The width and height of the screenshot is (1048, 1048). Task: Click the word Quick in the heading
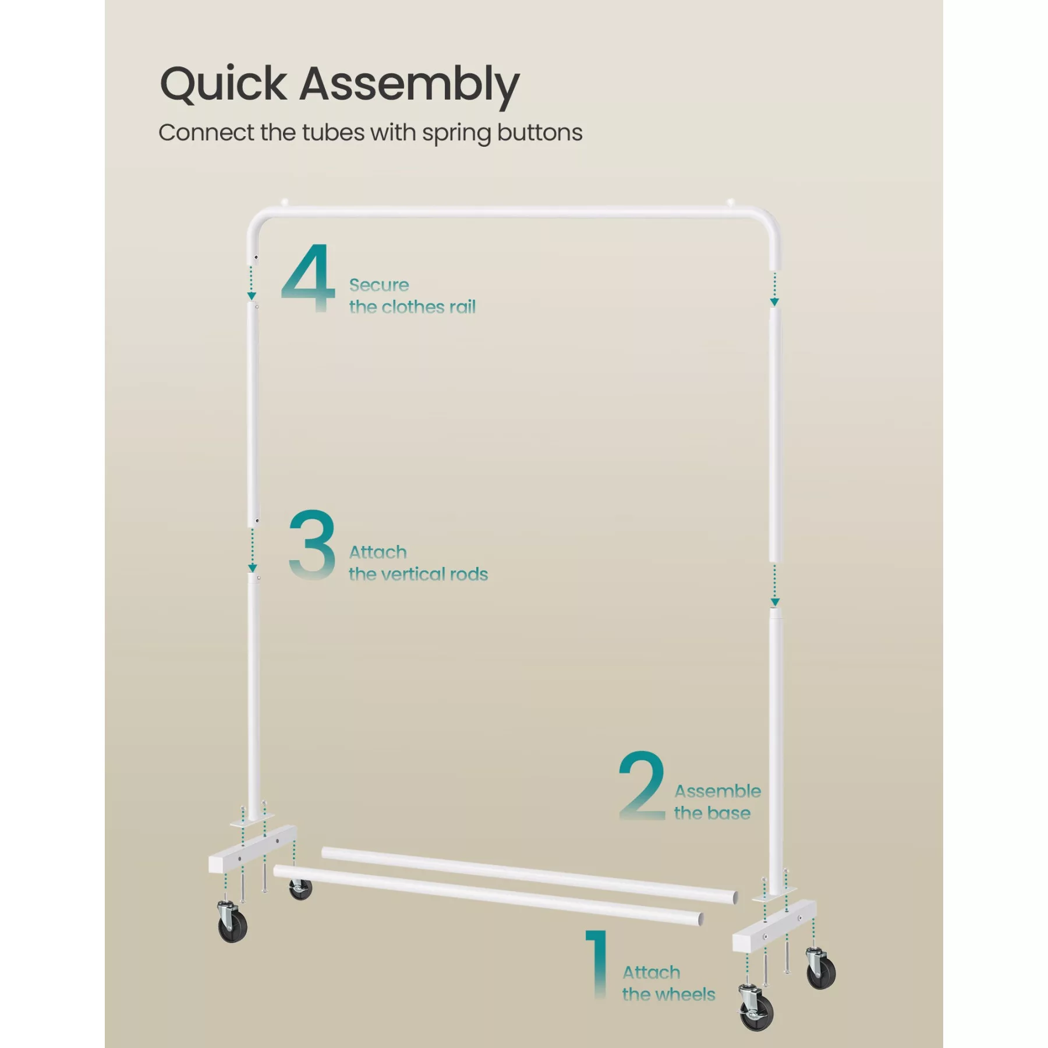(223, 84)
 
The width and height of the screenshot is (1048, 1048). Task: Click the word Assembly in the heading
(409, 86)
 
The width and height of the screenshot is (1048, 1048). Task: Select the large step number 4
(308, 278)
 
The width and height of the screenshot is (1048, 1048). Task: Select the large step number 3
(312, 544)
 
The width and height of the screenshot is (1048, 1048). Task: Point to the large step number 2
(642, 785)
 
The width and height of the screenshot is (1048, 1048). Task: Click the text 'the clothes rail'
(412, 307)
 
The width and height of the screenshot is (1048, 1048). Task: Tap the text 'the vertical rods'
(418, 574)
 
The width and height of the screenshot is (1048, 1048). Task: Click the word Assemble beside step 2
(717, 791)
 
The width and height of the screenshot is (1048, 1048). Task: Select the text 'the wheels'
(668, 994)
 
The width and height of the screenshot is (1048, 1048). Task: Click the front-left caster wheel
(232, 920)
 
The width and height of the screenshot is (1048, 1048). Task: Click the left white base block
(252, 848)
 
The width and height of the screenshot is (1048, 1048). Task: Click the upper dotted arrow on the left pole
(252, 283)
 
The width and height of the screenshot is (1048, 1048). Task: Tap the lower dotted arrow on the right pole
(774, 585)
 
